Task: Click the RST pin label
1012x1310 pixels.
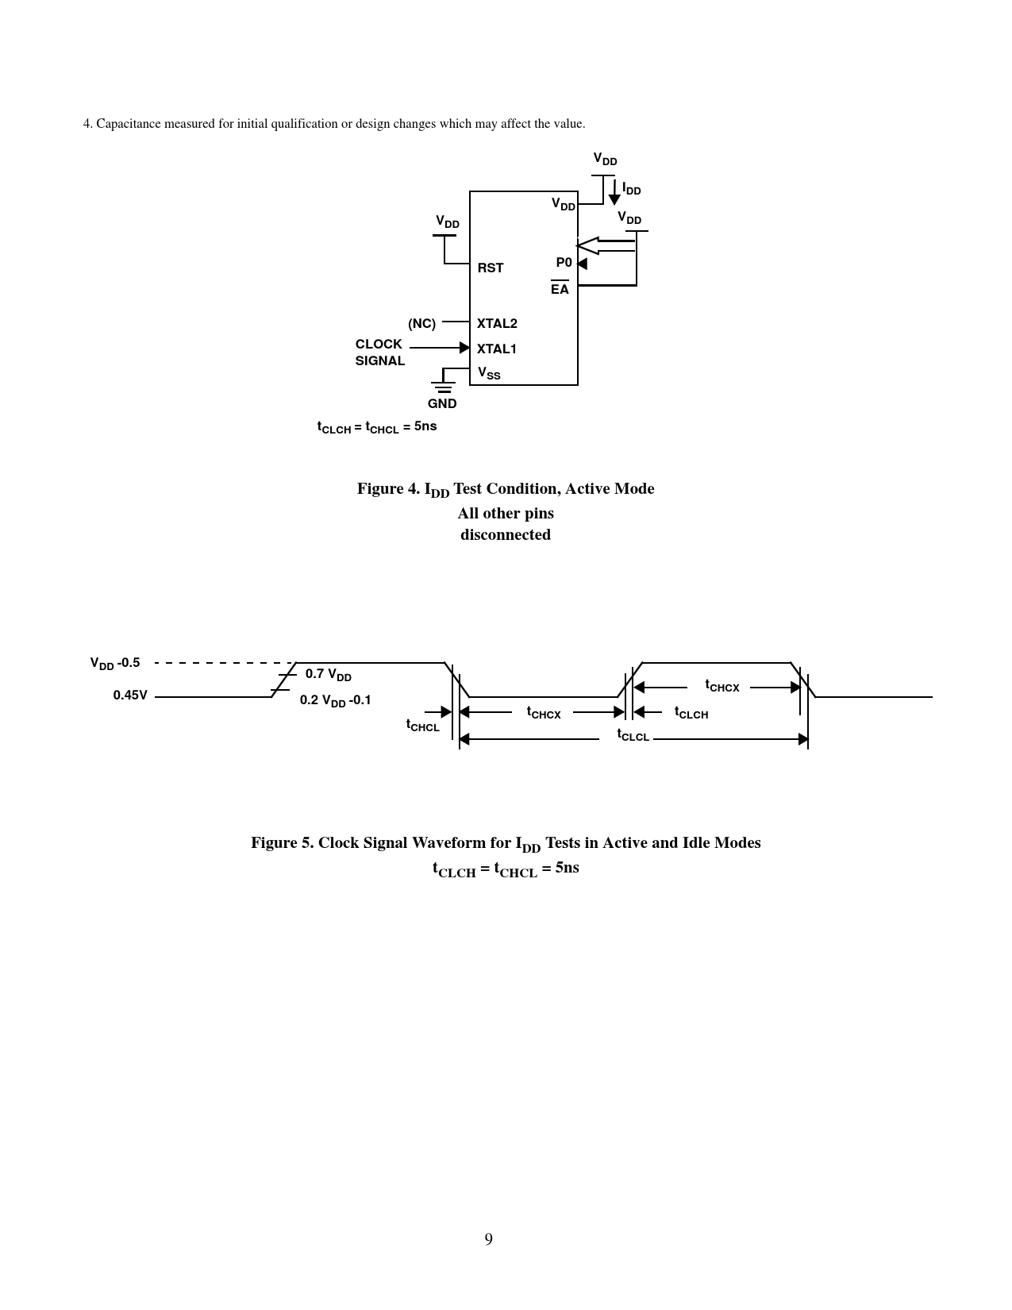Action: click(490, 268)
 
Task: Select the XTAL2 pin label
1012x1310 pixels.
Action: click(497, 324)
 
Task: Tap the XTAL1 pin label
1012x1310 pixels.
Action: click(497, 349)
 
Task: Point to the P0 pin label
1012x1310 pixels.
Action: click(564, 263)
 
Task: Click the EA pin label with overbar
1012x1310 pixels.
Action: click(560, 289)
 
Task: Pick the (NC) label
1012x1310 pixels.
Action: click(421, 324)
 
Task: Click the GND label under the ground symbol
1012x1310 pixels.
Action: click(442, 403)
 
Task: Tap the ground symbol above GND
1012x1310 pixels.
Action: click(443, 387)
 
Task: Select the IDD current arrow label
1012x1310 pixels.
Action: click(631, 190)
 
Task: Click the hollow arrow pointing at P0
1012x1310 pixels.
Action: click(604, 245)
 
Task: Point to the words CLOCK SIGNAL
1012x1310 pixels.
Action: click(379, 353)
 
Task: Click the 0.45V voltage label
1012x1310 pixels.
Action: click(130, 695)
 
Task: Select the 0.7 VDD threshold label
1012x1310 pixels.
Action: click(328, 675)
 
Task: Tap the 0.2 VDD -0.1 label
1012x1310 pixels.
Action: click(335, 701)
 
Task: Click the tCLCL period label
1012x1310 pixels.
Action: click(633, 735)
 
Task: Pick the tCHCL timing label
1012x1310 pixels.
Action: click(422, 726)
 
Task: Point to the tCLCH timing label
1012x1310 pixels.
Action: click(691, 713)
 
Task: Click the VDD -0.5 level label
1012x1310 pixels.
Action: click(115, 664)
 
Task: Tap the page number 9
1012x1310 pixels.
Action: click(488, 1239)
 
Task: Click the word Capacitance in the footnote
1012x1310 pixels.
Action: click(129, 124)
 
